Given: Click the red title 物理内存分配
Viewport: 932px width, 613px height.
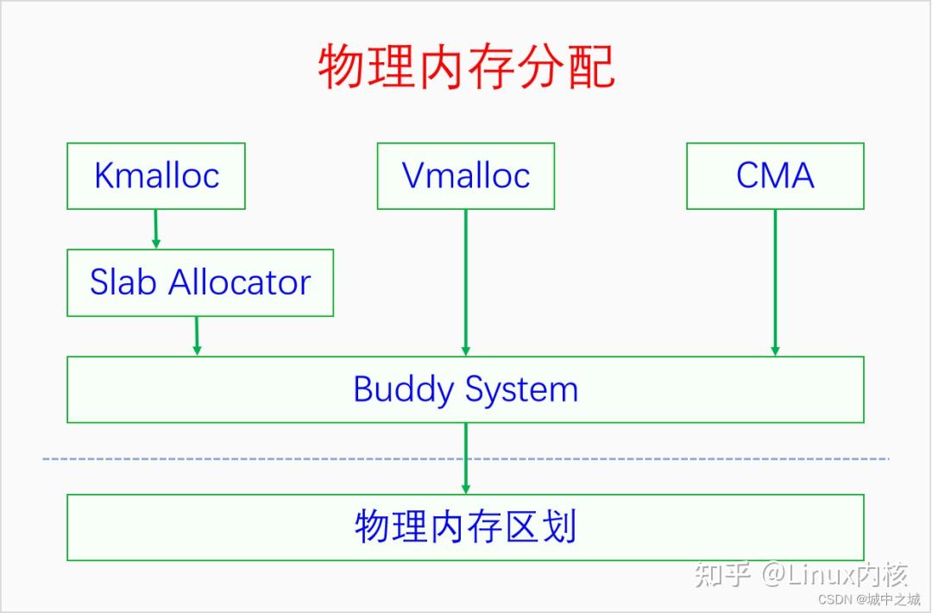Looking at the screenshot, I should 466,67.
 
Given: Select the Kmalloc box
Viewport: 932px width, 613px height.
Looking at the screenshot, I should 156,176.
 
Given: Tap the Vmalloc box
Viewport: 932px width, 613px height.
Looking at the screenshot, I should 466,176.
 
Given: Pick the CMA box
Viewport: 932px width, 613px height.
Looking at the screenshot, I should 775,176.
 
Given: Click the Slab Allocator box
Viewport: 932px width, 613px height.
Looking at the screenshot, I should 200,282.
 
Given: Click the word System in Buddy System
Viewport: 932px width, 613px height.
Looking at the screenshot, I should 522,390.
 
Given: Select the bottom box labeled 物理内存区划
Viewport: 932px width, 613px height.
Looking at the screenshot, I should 466,527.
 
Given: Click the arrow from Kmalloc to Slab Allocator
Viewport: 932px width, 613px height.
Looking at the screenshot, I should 156,229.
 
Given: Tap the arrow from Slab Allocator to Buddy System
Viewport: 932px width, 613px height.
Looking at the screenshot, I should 197,336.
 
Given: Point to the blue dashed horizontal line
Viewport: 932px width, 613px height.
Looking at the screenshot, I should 259,458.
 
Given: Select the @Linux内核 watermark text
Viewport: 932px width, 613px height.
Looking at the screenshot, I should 834,574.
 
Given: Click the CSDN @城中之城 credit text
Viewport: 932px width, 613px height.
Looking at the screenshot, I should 868,599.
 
